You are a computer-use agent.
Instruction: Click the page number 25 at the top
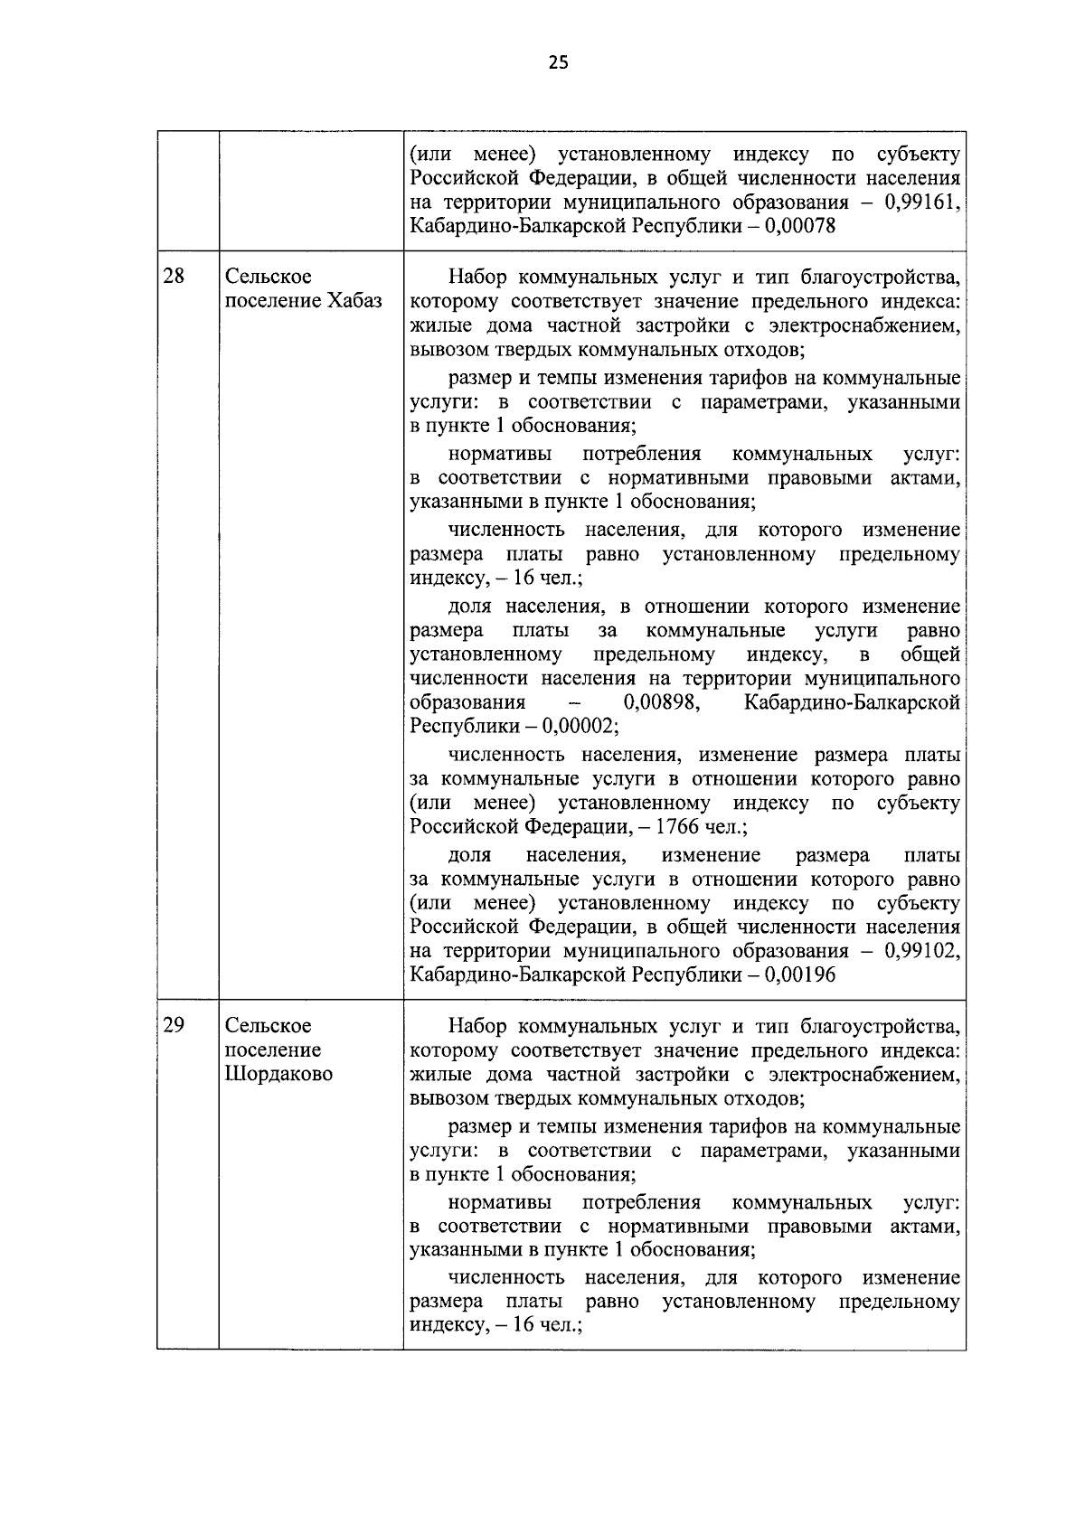pyautogui.click(x=558, y=62)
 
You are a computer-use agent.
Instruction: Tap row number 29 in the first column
pyautogui.click(x=174, y=1025)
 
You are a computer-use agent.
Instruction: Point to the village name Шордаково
pyautogui.click(x=278, y=1074)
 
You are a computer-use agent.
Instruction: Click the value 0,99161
pyautogui.click(x=921, y=202)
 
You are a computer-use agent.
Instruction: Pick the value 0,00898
pyautogui.click(x=663, y=702)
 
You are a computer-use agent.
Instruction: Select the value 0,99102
pyautogui.click(x=921, y=951)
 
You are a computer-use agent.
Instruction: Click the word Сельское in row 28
pyautogui.click(x=269, y=276)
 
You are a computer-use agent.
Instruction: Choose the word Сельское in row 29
pyautogui.click(x=269, y=1025)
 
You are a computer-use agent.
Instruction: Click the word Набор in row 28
pyautogui.click(x=478, y=277)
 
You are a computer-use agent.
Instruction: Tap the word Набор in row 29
pyautogui.click(x=478, y=1026)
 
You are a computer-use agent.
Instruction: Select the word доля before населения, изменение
pyautogui.click(x=469, y=855)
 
